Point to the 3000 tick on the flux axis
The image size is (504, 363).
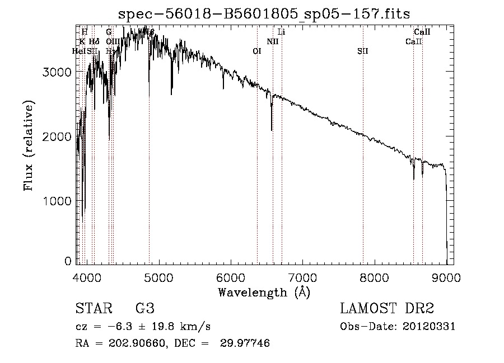coord(58,72)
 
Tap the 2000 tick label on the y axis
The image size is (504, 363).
coord(58,136)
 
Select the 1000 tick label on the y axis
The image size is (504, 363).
coord(58,201)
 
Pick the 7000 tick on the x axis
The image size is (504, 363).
coord(302,276)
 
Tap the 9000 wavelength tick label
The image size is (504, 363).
coord(446,276)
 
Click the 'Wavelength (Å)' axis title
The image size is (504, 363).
coord(264,292)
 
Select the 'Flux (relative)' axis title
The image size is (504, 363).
coord(29,146)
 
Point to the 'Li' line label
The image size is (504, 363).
coord(282,32)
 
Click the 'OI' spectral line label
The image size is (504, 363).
coord(257,51)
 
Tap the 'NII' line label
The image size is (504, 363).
coord(273,41)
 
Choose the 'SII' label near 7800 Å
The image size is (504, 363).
coord(363,51)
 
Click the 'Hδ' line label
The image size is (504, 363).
coord(94,41)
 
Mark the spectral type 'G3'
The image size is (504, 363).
coord(144,309)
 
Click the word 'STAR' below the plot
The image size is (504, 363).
coord(94,309)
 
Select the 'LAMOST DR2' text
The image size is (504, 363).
coord(387,309)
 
